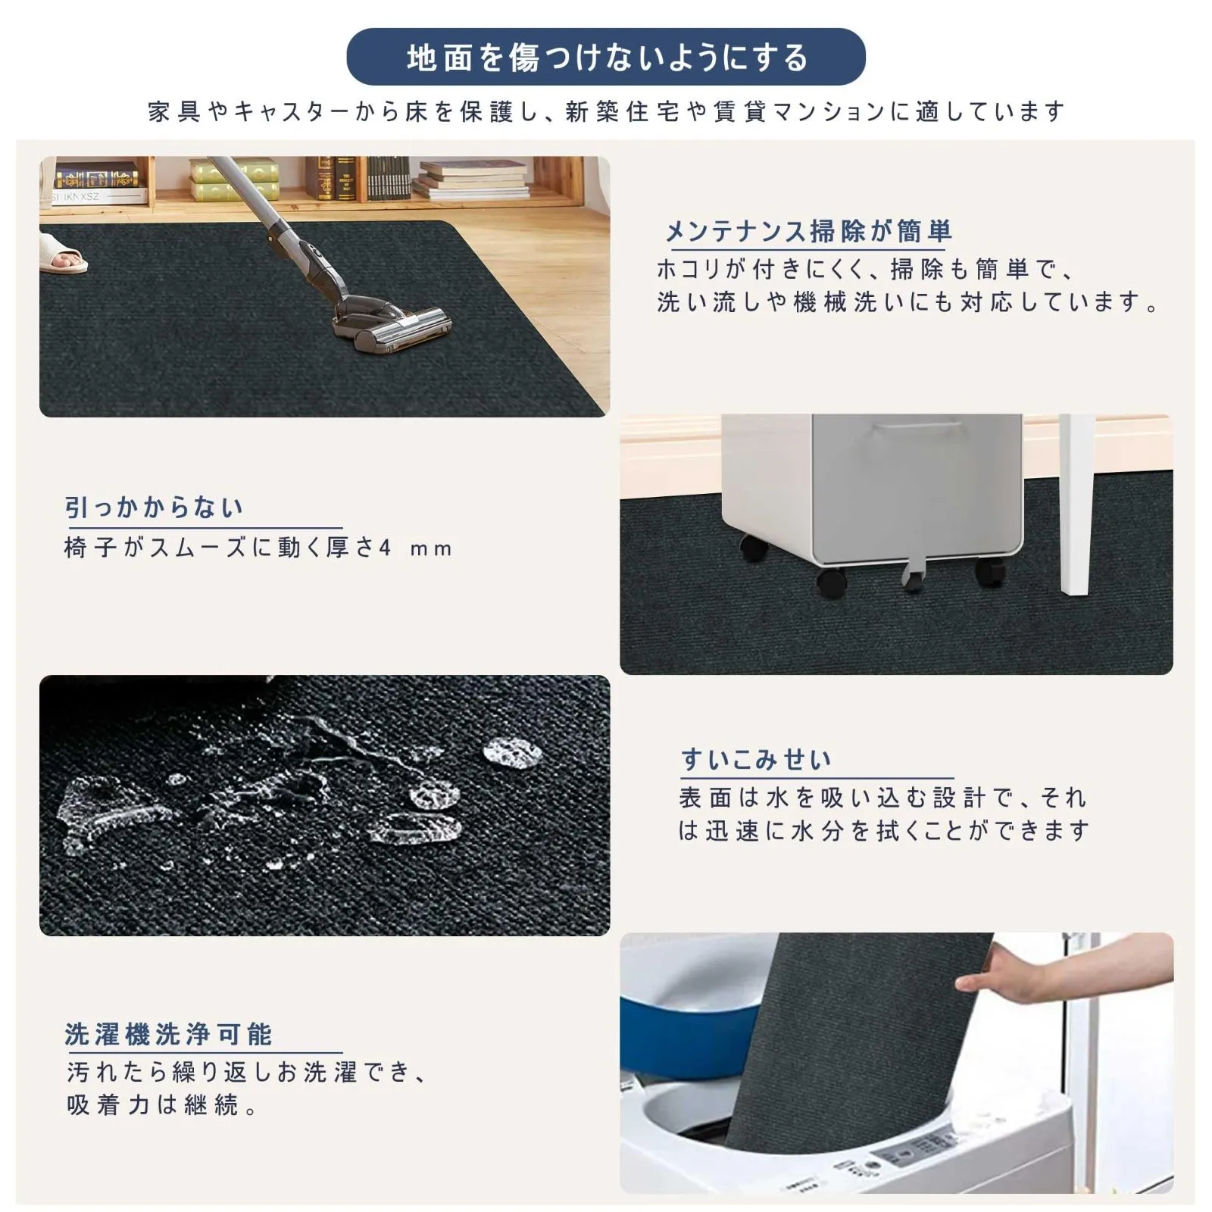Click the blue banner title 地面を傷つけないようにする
pos(607,58)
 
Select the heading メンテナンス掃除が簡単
pos(807,231)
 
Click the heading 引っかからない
pos(154,508)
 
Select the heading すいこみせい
pos(756,759)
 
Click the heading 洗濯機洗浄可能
pos(168,1034)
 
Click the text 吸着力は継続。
pos(162,1105)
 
